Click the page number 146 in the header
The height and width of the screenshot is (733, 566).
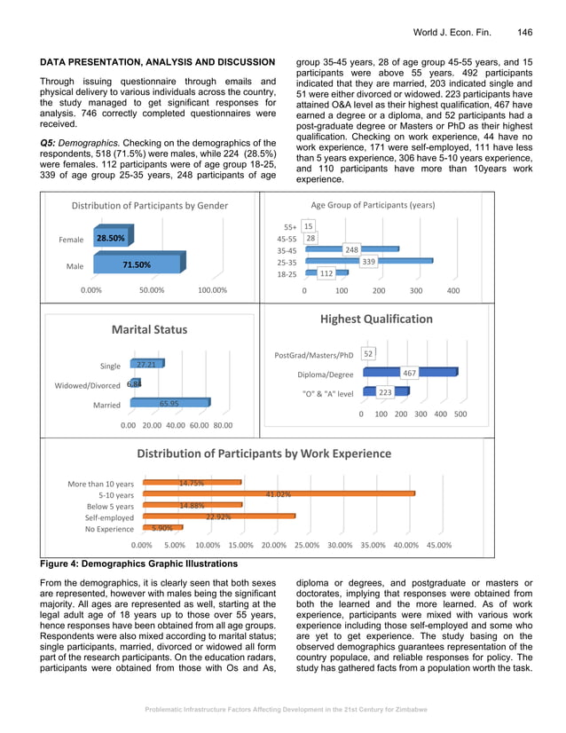(x=524, y=32)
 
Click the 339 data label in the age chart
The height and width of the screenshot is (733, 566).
(x=369, y=262)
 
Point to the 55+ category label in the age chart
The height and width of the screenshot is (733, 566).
(x=287, y=227)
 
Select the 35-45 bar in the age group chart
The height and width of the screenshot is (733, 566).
(x=350, y=250)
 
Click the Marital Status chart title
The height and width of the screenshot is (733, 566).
(x=149, y=329)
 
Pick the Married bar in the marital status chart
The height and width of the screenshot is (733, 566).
(x=169, y=404)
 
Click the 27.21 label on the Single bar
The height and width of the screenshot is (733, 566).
(x=145, y=364)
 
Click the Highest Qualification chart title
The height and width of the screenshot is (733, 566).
(x=376, y=319)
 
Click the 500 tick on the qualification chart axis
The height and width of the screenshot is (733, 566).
(x=460, y=414)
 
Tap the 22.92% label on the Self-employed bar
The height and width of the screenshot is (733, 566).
(x=218, y=516)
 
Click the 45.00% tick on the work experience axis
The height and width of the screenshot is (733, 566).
(x=438, y=545)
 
